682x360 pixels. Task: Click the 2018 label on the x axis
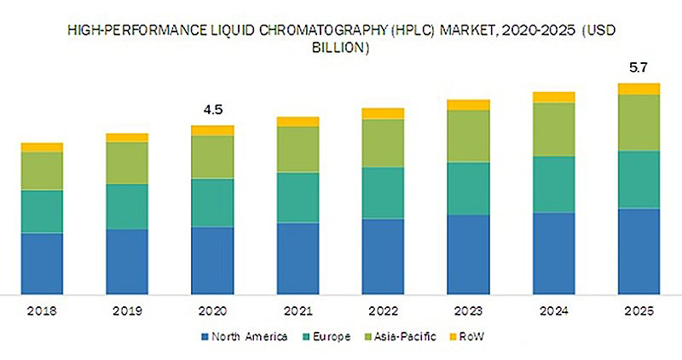[42, 312]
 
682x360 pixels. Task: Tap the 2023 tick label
[468, 312]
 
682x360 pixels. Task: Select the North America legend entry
[247, 336]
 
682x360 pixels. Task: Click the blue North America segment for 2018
[42, 264]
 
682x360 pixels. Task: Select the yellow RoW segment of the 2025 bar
[639, 89]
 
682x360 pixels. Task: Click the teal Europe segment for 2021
[298, 197]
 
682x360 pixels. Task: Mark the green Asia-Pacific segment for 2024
[553, 129]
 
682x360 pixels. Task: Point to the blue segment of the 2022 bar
[383, 257]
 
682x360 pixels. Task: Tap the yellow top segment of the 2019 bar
[127, 137]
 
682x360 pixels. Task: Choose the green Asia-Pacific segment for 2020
[212, 157]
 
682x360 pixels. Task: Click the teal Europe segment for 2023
[468, 188]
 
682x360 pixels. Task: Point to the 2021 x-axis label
[298, 312]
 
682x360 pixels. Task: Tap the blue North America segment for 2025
[639, 252]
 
